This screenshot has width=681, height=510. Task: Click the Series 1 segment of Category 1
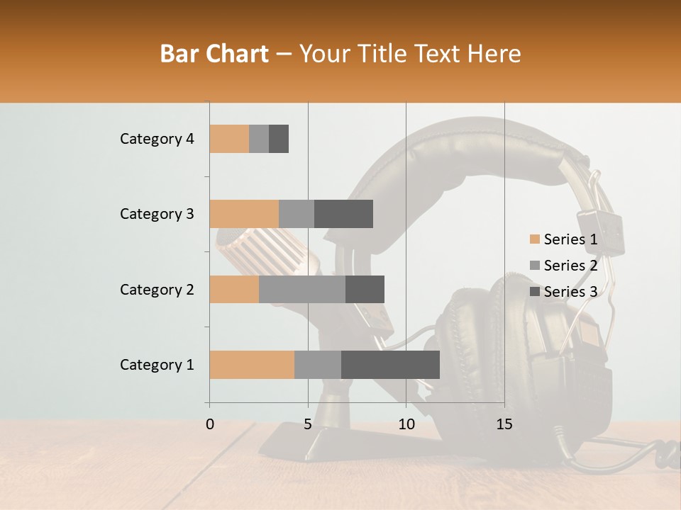point(252,365)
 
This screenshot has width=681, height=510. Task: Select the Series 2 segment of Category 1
point(318,365)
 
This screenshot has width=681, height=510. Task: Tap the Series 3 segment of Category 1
point(390,365)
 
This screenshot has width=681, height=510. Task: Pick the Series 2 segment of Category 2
point(302,289)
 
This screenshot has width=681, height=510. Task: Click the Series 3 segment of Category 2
point(365,289)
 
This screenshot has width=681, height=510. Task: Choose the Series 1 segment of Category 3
point(244,214)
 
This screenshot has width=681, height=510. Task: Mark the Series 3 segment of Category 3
point(343,214)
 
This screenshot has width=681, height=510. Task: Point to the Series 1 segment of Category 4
point(229,139)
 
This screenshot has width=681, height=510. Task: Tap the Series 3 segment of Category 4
point(279,139)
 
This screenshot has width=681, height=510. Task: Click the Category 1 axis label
point(157,365)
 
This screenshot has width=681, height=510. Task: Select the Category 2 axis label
point(157,289)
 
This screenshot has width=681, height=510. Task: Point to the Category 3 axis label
point(157,214)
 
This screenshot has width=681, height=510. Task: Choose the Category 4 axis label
point(157,139)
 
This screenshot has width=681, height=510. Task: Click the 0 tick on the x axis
point(210,424)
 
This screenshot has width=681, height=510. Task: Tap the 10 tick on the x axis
point(406,424)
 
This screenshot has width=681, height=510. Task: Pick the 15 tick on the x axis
point(504,424)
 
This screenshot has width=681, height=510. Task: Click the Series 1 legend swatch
point(535,239)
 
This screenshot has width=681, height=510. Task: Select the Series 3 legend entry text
point(570,292)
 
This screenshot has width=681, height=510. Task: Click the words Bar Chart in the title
point(214,54)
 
